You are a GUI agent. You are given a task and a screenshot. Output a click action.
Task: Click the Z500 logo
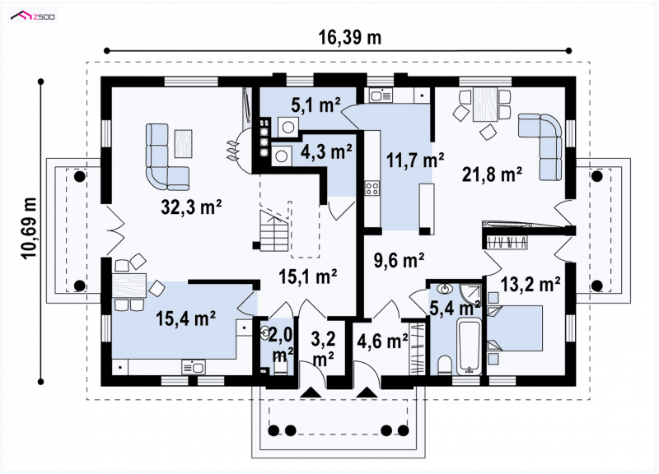pyautogui.click(x=33, y=16)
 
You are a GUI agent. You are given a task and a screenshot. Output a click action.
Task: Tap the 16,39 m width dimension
pyautogui.click(x=349, y=38)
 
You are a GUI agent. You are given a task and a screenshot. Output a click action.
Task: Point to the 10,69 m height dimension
pyautogui.click(x=29, y=228)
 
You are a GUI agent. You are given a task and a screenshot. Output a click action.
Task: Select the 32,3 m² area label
pyautogui.click(x=191, y=207)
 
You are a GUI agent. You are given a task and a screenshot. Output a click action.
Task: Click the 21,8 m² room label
pyautogui.click(x=492, y=174)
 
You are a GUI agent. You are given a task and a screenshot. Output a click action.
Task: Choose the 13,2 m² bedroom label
pyautogui.click(x=530, y=285)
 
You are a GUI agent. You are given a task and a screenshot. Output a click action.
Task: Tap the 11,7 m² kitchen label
pyautogui.click(x=415, y=160)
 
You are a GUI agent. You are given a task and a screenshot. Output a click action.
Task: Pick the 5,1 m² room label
pyautogui.click(x=315, y=105)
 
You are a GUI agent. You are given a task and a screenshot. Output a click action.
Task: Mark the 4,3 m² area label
pyautogui.click(x=326, y=152)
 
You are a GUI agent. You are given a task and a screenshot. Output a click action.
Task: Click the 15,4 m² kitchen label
pyautogui.click(x=186, y=318)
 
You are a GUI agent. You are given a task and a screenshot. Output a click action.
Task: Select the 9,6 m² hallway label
pyautogui.click(x=399, y=260)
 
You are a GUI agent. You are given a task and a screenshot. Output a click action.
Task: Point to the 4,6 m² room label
pyautogui.click(x=382, y=341)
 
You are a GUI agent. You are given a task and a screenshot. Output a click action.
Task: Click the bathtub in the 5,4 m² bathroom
pyautogui.click(x=469, y=346)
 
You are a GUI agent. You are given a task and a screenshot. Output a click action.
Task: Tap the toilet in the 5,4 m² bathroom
pyautogui.click(x=444, y=365)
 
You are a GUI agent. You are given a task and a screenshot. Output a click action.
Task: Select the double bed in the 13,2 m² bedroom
pyautogui.click(x=515, y=328)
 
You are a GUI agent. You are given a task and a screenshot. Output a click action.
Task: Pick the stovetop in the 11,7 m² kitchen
pyautogui.click(x=372, y=188)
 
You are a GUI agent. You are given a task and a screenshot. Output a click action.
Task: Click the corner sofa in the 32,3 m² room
pyautogui.click(x=167, y=156)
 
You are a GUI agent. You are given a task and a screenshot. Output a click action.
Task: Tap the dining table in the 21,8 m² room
pyautogui.click(x=484, y=105)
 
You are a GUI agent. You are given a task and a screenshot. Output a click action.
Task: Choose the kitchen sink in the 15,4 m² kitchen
pyautogui.click(x=194, y=367)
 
